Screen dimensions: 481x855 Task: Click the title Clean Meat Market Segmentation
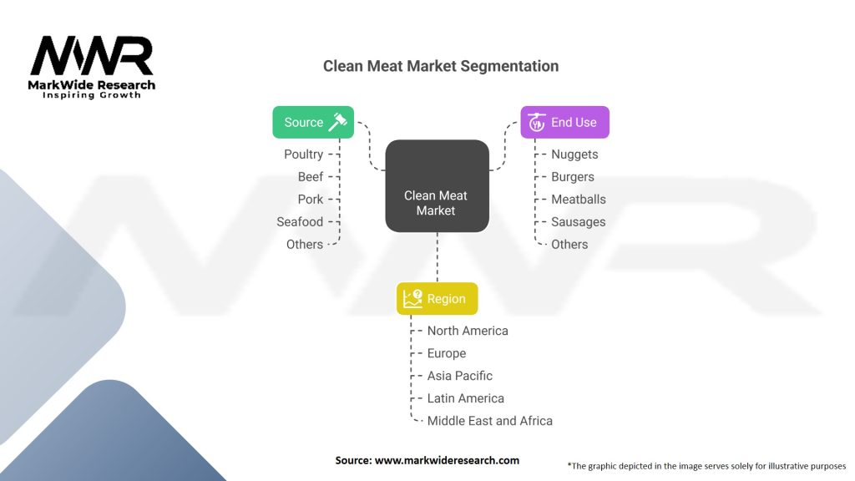[x=441, y=66]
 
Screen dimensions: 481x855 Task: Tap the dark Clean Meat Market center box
[x=436, y=185]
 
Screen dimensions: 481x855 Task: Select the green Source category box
[x=313, y=122]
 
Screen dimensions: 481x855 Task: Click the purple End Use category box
[x=564, y=122]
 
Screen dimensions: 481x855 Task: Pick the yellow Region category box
[x=437, y=299]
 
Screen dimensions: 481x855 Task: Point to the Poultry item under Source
[x=303, y=154]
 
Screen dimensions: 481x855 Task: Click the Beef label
[x=310, y=176]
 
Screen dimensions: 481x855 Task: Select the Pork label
[x=310, y=199]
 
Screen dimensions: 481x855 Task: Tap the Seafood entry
[x=300, y=221]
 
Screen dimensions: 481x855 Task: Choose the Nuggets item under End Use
[x=574, y=154]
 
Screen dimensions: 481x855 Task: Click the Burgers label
[x=573, y=176]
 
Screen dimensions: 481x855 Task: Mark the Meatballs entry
[x=579, y=199]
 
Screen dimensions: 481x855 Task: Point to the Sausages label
[x=579, y=221]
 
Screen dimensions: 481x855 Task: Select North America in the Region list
[x=468, y=331]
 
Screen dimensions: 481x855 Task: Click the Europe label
[x=447, y=353]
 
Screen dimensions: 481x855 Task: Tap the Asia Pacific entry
[x=460, y=376]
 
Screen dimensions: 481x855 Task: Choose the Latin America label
[x=466, y=398]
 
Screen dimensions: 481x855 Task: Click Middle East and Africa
[x=490, y=421]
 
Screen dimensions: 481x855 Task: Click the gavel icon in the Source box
[x=337, y=122]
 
